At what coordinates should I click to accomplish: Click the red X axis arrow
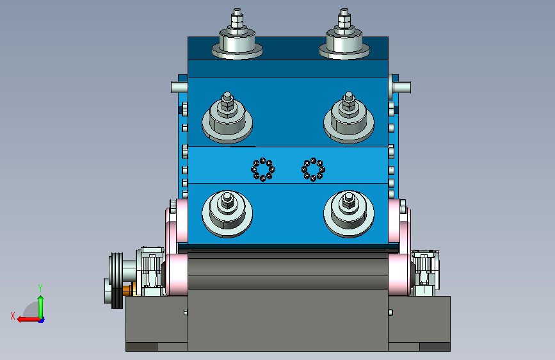click(x=28, y=320)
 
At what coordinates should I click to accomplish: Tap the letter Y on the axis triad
click(x=40, y=288)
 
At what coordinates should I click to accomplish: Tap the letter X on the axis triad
click(x=13, y=316)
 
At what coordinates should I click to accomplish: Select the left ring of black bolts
click(x=263, y=169)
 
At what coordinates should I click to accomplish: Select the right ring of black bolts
click(x=313, y=169)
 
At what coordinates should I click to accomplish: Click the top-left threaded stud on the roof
click(x=237, y=19)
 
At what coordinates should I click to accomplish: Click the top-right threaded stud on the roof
click(x=344, y=19)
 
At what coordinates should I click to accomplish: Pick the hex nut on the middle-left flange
click(x=227, y=104)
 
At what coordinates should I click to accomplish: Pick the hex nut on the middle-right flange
click(x=349, y=104)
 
